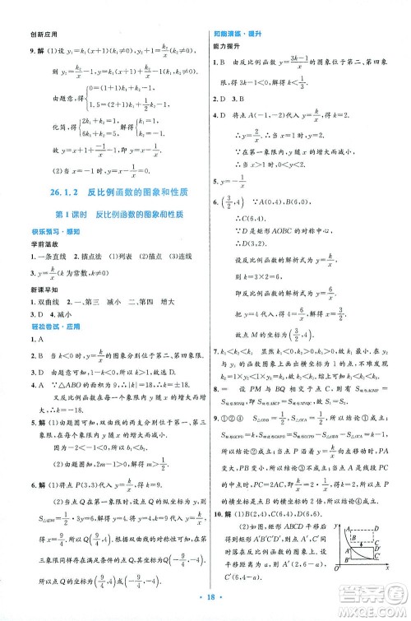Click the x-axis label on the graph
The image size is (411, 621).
point(386,568)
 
